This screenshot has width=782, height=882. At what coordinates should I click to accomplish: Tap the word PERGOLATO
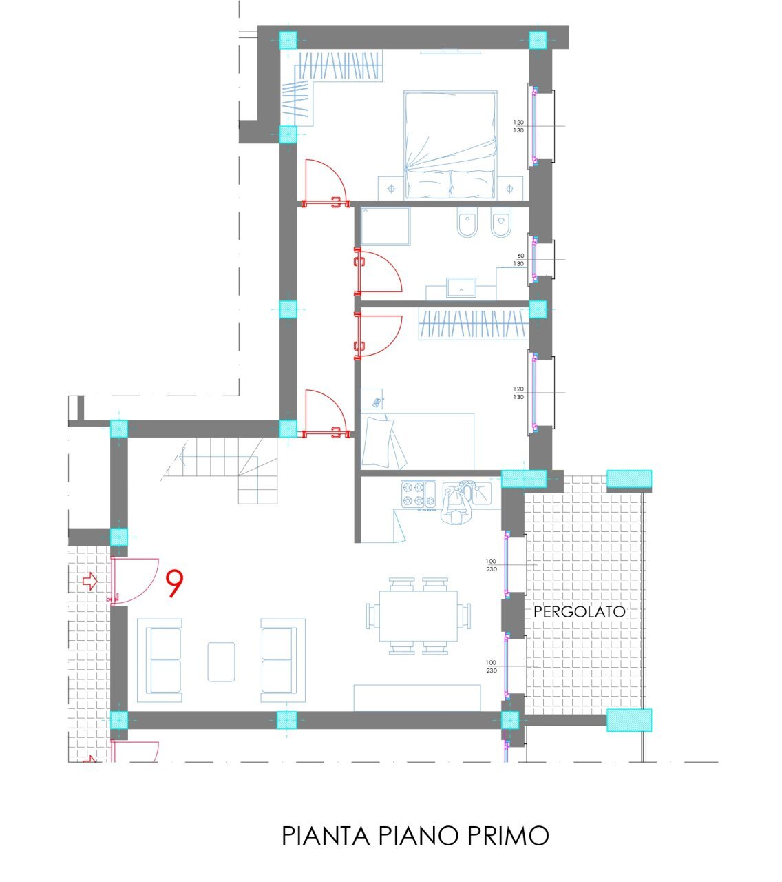(580, 611)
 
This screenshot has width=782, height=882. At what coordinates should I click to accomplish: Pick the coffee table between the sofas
(221, 661)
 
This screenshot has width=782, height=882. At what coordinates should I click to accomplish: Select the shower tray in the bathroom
(385, 226)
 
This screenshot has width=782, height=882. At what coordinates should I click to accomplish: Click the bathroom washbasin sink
(461, 287)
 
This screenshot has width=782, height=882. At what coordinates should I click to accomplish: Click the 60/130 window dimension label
(520, 259)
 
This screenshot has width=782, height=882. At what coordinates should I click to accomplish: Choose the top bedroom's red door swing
(324, 181)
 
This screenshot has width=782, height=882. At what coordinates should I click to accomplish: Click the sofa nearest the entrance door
(160, 659)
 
